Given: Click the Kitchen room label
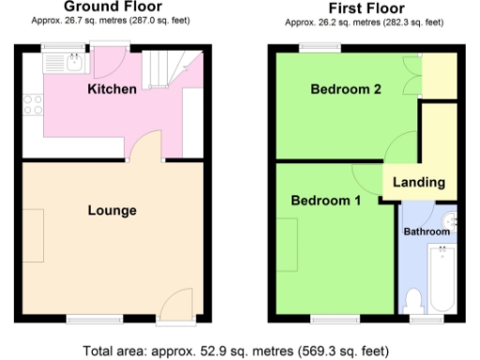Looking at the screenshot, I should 112,90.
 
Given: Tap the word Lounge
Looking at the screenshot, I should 112,210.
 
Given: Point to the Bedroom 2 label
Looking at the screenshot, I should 346,90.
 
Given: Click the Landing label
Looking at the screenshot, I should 419,182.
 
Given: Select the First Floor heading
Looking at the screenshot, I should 361,7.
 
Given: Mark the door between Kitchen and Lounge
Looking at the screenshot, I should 148,146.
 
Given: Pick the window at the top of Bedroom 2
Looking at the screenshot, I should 313,47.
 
